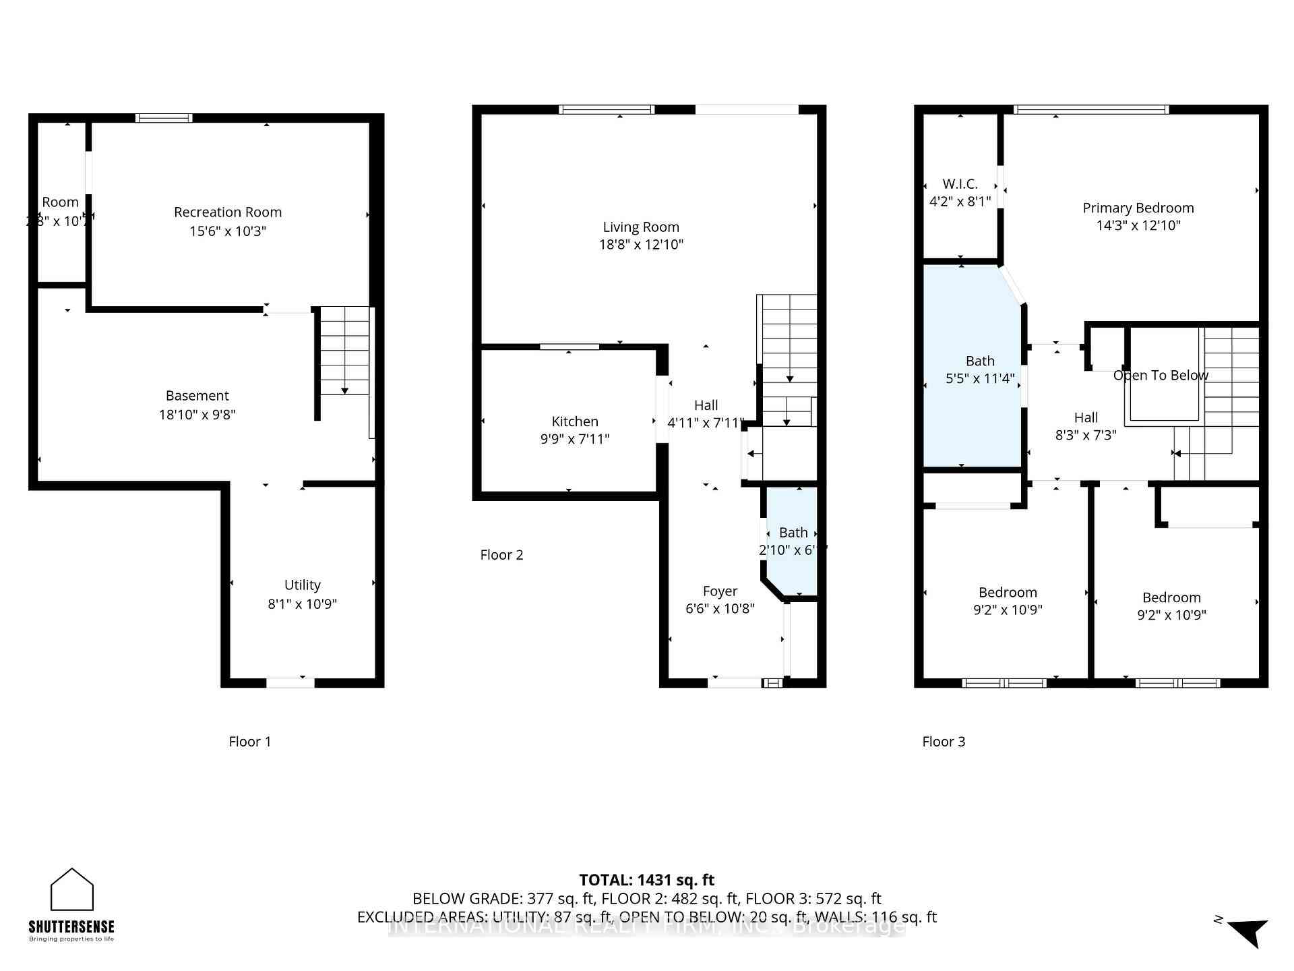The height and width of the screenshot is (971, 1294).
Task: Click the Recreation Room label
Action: point(228,212)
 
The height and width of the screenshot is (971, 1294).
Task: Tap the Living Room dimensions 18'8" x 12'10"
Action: point(641,245)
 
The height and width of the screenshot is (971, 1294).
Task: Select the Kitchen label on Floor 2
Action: point(575,421)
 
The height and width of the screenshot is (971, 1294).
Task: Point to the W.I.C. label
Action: point(960,184)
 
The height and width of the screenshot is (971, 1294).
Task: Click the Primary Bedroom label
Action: point(1138,208)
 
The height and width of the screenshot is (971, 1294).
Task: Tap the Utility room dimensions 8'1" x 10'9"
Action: point(302,604)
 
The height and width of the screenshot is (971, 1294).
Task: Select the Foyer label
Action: point(720,591)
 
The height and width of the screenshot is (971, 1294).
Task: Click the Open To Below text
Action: point(1160,376)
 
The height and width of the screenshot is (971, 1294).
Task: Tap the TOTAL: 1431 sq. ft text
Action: point(646,880)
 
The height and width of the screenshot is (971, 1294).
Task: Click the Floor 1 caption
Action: point(249,742)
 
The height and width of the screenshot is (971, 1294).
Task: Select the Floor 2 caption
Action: point(501,555)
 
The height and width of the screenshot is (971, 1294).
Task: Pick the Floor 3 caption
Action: point(943,742)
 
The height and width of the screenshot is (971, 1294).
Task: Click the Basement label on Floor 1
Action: point(197,396)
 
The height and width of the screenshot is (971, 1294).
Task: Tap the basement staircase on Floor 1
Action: point(344,351)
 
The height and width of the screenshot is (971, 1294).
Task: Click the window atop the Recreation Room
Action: point(164,118)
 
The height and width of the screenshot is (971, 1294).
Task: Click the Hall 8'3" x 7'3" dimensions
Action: point(1085,436)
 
